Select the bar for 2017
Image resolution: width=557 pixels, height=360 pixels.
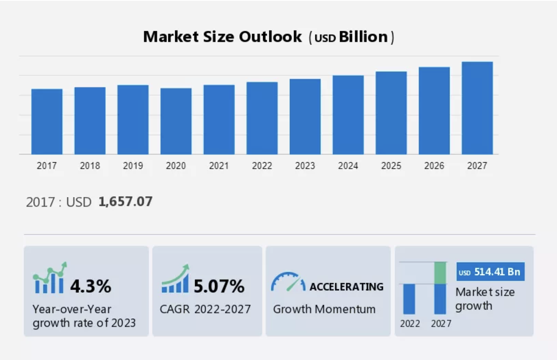coord(47,121)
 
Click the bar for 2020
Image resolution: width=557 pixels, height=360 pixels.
coord(176,121)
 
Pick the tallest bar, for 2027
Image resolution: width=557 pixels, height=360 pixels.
coord(477,108)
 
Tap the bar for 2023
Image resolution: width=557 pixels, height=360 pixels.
coord(305,116)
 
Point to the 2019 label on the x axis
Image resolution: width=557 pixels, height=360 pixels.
coord(133,165)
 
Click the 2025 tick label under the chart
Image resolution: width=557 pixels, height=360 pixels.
coord(391,165)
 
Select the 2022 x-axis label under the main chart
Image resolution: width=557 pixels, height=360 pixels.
coord(262,165)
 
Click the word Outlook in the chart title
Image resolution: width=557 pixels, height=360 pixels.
coord(270,37)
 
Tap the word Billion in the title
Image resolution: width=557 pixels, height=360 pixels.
coord(363,37)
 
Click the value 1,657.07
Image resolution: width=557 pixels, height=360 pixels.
coord(125,201)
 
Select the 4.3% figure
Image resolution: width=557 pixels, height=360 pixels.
coord(91,286)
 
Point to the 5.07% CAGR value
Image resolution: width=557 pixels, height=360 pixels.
coord(219,286)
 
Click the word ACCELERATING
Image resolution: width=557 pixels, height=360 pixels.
coord(347,287)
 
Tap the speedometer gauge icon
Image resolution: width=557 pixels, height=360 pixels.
coord(288,282)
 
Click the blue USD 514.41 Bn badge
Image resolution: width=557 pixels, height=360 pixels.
coord(490,272)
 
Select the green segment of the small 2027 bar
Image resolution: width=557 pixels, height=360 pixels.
coord(440,273)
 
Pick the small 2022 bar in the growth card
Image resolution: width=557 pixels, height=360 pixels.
coord(409,299)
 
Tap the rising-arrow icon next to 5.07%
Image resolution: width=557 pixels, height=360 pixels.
coord(175,279)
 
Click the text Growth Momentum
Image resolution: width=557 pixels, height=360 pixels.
coord(324,309)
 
